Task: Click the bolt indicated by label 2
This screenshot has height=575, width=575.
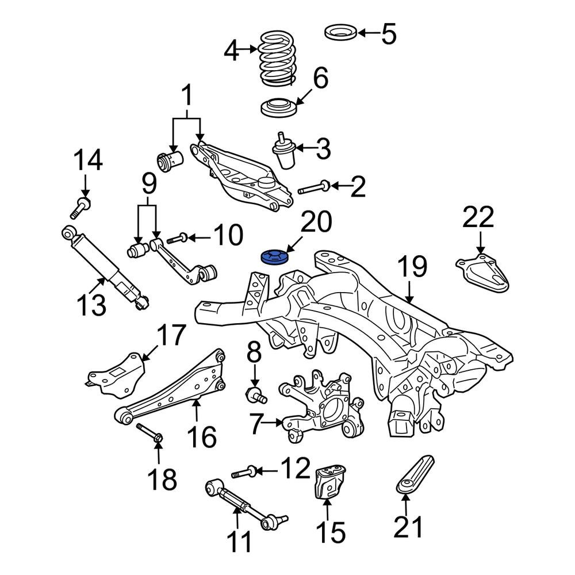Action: pos(313,187)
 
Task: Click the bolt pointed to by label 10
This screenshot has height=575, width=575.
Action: pos(177,237)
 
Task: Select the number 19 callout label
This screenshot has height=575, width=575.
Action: pos(411,267)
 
